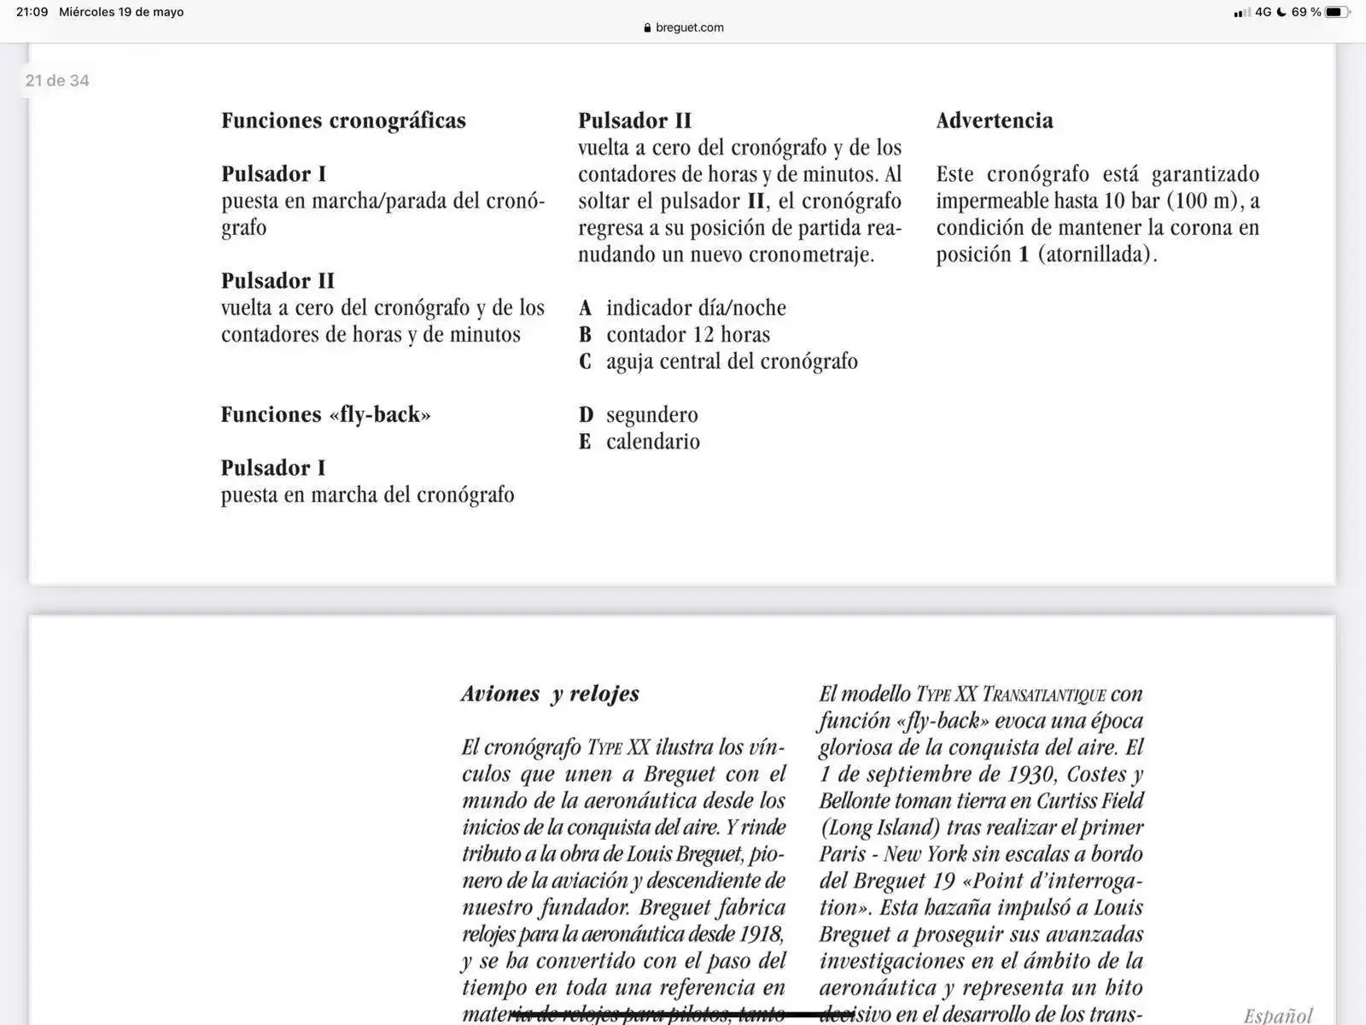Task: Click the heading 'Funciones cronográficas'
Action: click(343, 120)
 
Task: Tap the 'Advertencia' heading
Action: click(994, 120)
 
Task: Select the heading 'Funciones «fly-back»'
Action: click(325, 414)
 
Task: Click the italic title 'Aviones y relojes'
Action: click(550, 694)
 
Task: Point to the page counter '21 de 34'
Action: click(57, 80)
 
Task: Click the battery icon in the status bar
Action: click(1337, 12)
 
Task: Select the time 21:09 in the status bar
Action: click(32, 12)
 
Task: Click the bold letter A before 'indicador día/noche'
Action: click(585, 307)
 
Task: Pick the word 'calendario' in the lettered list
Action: click(652, 442)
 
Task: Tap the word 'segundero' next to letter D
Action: click(651, 415)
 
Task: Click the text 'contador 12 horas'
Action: click(687, 335)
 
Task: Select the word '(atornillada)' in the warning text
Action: click(1097, 255)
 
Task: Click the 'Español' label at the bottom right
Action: click(1277, 1015)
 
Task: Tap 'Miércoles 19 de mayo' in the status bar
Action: click(121, 12)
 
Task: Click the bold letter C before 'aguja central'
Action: click(585, 361)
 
